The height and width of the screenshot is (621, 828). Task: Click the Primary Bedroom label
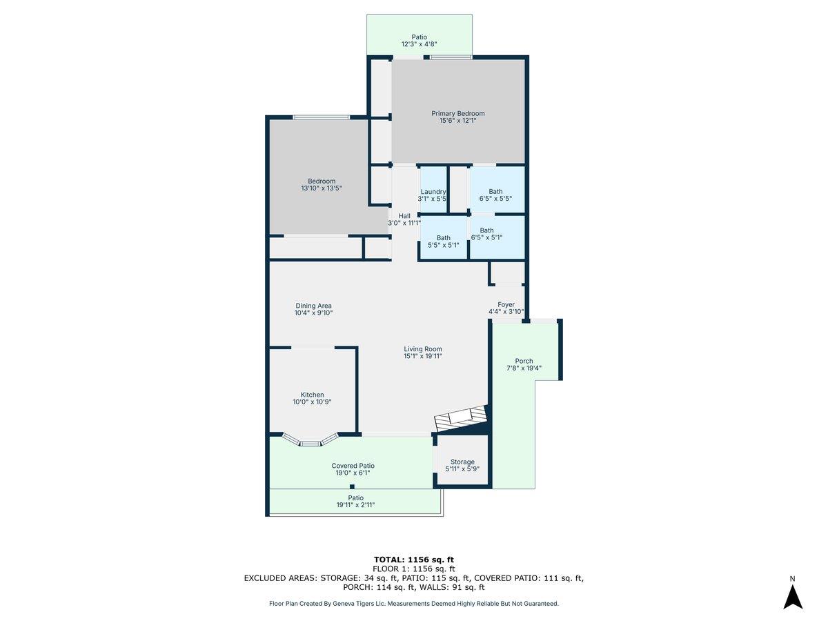pyautogui.click(x=457, y=114)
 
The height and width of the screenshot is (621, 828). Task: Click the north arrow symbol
pyautogui.click(x=793, y=595)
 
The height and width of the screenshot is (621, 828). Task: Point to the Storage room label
pyautogui.click(x=462, y=462)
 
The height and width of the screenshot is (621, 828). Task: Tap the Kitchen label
pyautogui.click(x=312, y=395)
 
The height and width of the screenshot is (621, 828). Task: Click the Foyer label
pyautogui.click(x=506, y=304)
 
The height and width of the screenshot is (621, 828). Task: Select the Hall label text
pyautogui.click(x=404, y=216)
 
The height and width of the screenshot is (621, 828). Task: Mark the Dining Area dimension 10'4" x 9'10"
pyautogui.click(x=313, y=313)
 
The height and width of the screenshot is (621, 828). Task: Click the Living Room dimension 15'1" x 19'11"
pyautogui.click(x=423, y=356)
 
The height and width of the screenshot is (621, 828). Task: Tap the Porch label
pyautogui.click(x=524, y=361)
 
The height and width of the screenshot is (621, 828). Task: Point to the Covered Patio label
pyautogui.click(x=353, y=466)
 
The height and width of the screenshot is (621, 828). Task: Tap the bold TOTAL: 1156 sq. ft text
pyautogui.click(x=413, y=559)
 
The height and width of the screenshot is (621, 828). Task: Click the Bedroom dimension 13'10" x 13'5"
pyautogui.click(x=322, y=188)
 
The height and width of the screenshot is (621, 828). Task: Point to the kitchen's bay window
pyautogui.click(x=311, y=441)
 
